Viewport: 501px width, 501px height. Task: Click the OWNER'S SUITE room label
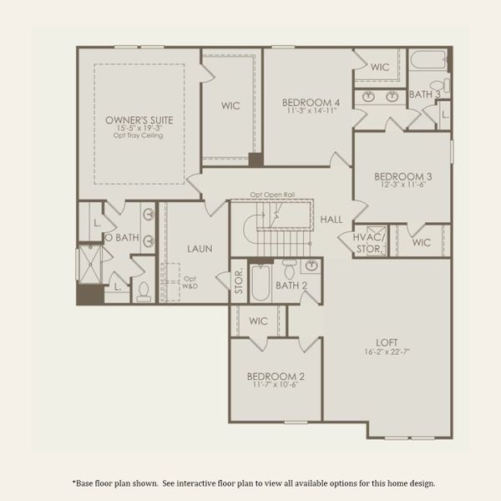(139, 120)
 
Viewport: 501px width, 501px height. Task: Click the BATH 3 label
(424, 95)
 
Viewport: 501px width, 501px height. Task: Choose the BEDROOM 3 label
(402, 176)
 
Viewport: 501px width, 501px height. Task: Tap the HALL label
(331, 219)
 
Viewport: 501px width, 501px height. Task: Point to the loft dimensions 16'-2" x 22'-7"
(386, 351)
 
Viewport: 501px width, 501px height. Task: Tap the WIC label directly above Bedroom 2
(258, 321)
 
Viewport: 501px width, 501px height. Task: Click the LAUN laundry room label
(198, 248)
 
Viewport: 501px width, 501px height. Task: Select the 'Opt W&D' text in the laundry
(190, 283)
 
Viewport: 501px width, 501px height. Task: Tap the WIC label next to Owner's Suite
(230, 106)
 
